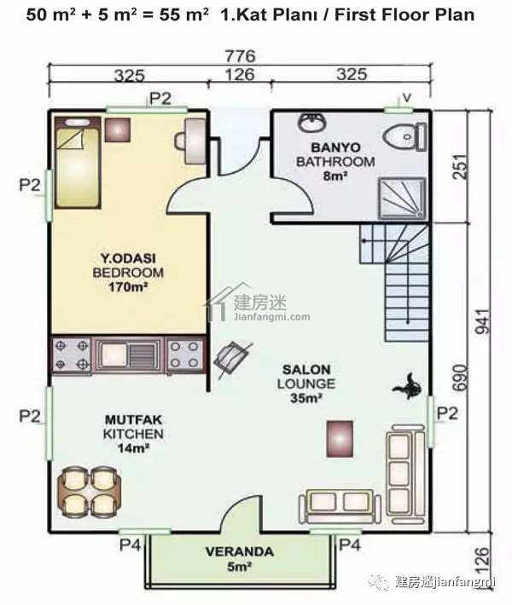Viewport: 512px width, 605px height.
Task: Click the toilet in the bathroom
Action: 405,136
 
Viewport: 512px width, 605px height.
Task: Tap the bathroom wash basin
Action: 312,122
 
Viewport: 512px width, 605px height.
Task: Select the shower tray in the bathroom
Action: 402,199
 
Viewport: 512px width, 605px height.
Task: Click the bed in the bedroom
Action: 78,163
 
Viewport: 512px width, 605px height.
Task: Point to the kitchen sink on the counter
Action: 128,355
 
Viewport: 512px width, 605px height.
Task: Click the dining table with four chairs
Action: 90,491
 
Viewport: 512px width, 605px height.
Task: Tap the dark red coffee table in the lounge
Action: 340,439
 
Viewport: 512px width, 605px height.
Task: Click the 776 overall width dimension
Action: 240,56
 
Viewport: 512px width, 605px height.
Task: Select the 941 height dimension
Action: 483,321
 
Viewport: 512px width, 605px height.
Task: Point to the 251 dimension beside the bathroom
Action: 460,166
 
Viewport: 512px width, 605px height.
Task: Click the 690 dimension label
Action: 460,377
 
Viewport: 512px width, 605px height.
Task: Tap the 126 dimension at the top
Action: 240,74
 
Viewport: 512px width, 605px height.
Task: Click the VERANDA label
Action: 240,551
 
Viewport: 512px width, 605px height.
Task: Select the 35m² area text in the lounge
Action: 306,398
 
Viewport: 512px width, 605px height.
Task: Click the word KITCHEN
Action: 133,434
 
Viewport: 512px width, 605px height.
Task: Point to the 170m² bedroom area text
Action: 128,287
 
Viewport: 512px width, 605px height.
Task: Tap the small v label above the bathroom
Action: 406,98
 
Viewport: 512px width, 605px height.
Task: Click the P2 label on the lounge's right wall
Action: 447,413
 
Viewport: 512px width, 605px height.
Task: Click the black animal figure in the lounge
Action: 406,386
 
